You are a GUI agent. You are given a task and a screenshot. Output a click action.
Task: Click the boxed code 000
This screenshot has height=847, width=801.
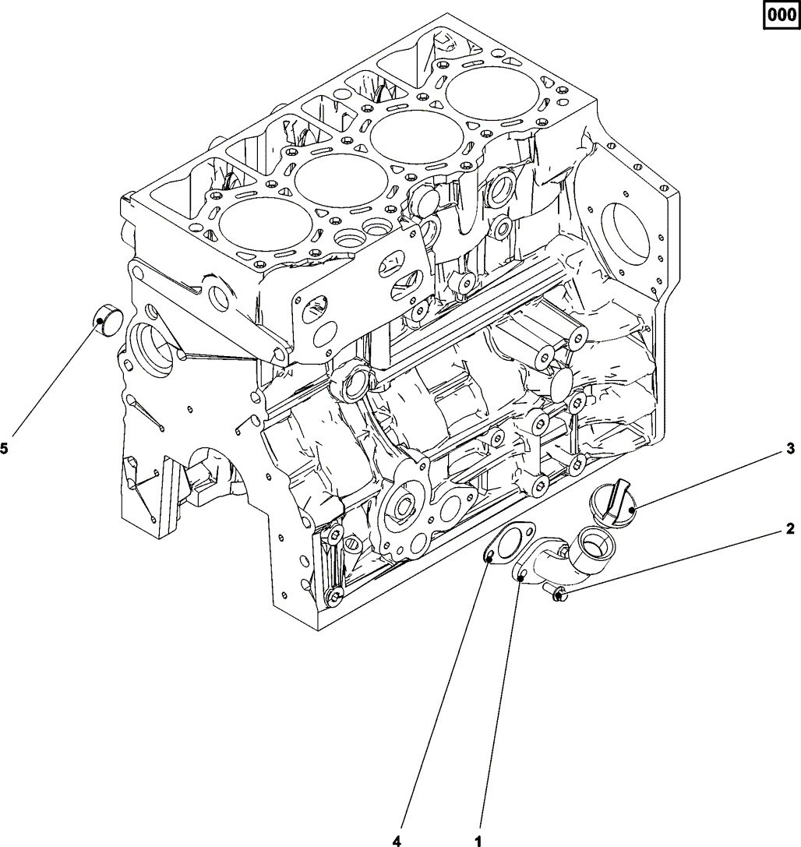click(x=782, y=14)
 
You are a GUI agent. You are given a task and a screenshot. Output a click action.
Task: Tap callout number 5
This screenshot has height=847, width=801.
click(x=5, y=448)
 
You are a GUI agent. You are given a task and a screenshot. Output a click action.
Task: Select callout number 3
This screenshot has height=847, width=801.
click(x=789, y=448)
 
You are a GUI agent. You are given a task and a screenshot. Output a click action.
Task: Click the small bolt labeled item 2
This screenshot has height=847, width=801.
click(x=559, y=597)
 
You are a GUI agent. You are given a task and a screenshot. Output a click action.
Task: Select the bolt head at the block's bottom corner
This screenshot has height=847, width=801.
click(x=335, y=598)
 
